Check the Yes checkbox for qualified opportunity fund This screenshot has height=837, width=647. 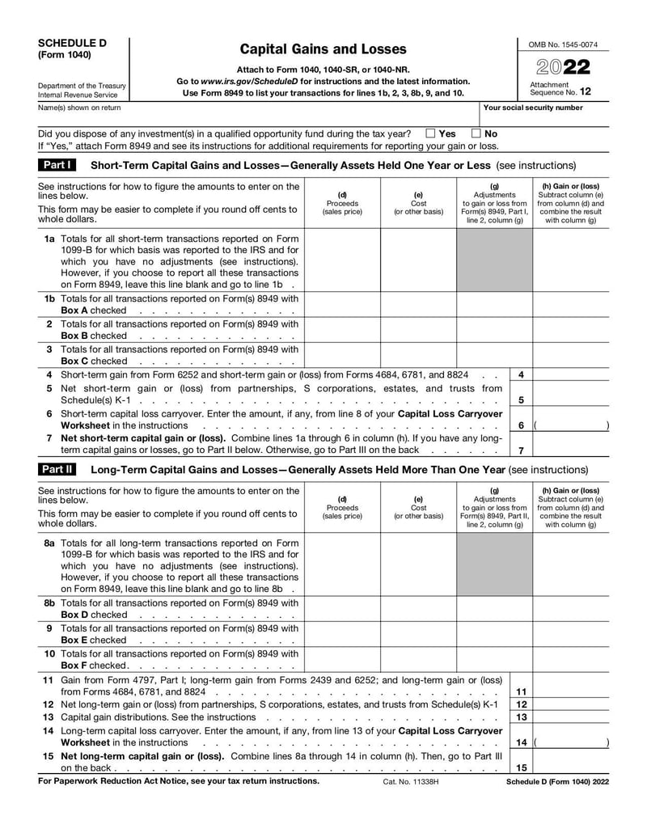430,133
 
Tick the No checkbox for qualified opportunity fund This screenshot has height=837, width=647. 476,133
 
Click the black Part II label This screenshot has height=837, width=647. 57,470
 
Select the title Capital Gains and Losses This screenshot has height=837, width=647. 323,49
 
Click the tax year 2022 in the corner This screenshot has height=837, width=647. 564,67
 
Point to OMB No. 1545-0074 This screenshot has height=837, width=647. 564,44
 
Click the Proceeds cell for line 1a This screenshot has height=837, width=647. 342,260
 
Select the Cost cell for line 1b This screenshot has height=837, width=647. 418,304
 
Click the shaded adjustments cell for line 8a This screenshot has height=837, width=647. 494,564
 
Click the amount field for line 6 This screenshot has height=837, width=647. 571,425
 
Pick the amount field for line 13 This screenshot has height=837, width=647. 571,717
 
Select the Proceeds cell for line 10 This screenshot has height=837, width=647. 342,659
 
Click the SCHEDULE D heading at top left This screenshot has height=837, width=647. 72,43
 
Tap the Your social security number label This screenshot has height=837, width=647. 532,108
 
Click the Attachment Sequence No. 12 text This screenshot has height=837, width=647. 560,88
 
